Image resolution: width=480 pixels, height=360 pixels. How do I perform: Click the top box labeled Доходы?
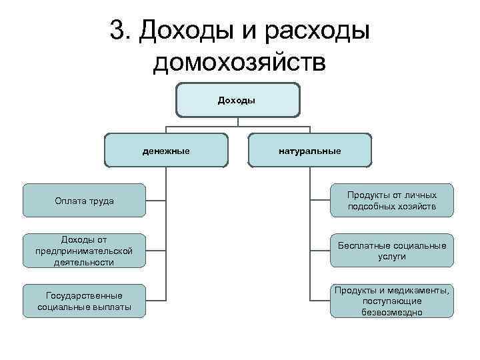point(237,100)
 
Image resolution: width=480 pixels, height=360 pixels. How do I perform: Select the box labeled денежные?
point(166,151)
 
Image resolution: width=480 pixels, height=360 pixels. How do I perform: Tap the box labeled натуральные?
point(310,151)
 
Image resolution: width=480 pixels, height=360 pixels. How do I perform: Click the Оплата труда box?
point(84,201)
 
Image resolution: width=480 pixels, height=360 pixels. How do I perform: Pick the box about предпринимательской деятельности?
point(84,251)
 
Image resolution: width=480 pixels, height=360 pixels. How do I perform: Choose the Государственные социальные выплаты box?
point(84,301)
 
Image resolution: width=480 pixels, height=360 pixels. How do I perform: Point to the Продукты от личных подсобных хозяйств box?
point(391,201)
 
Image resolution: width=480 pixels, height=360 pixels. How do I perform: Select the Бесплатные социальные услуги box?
point(391,251)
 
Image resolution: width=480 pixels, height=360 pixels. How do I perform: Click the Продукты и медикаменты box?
point(391,301)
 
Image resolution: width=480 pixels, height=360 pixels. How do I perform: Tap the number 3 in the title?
point(117,31)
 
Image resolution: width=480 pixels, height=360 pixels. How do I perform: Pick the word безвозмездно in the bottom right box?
point(392,311)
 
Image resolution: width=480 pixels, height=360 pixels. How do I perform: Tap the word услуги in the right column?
point(392,256)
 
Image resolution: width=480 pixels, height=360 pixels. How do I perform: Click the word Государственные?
point(84,295)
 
